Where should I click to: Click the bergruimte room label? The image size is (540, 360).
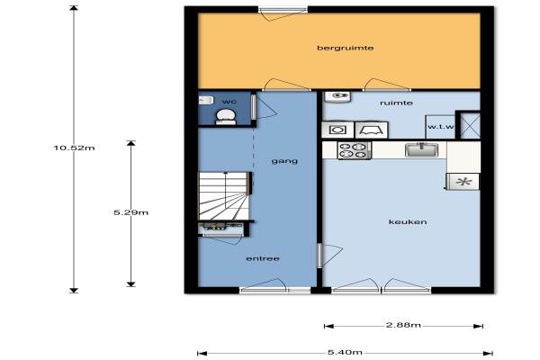tap(345, 48)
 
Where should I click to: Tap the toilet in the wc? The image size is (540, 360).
tap(226, 117)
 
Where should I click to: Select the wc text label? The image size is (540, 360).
tap(229, 102)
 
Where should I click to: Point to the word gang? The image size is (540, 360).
tap(284, 161)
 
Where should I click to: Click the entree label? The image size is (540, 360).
tap(263, 258)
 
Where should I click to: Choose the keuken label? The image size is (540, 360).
tap(408, 222)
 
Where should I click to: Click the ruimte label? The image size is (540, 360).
tap(396, 103)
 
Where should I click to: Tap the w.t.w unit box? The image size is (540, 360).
tap(440, 126)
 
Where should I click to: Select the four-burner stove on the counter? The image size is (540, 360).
tap(354, 150)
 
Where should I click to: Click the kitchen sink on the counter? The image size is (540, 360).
tap(421, 150)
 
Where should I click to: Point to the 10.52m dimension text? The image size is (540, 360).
tap(74, 148)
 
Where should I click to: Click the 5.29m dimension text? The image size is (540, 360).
tap(130, 212)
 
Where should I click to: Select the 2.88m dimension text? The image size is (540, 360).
tap(403, 325)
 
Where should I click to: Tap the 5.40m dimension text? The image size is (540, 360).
tap(345, 352)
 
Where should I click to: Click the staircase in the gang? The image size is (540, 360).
tap(224, 195)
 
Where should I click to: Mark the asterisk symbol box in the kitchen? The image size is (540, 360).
tap(463, 182)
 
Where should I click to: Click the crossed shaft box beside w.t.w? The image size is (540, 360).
tap(470, 125)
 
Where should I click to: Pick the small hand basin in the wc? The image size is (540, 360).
tap(205, 100)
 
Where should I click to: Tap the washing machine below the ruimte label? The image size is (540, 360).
tap(337, 130)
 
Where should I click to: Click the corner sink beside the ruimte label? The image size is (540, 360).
tap(337, 97)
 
